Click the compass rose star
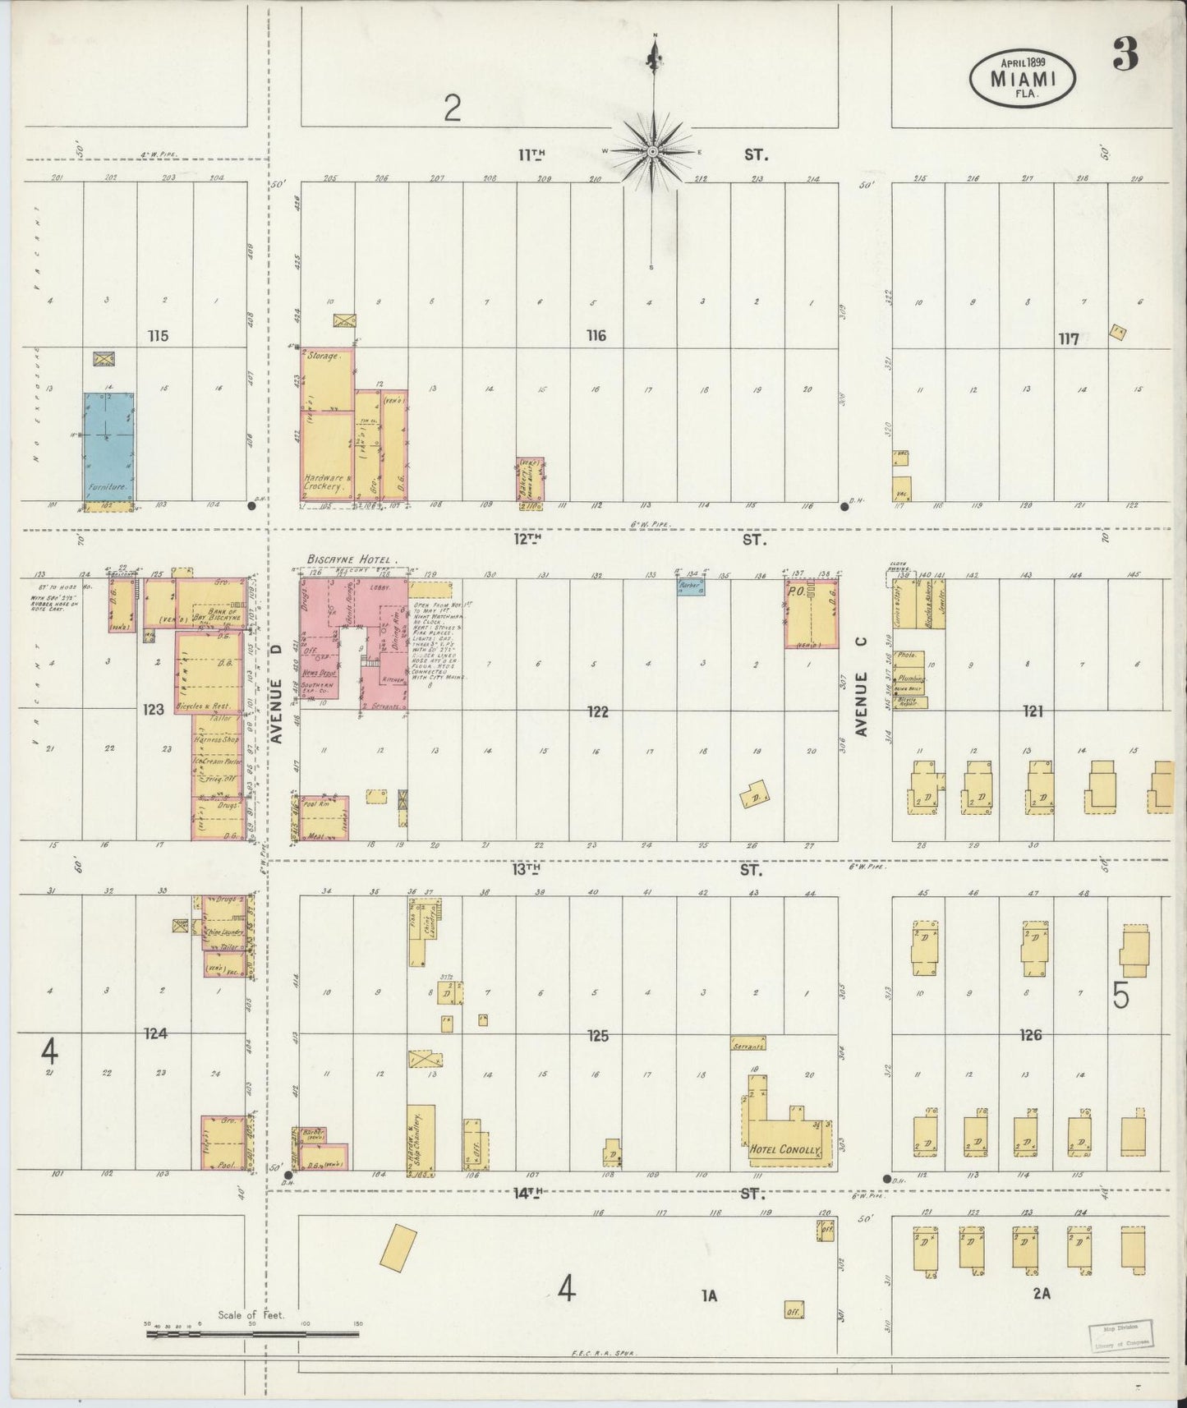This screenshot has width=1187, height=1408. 652,152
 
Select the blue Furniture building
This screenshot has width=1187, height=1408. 108,446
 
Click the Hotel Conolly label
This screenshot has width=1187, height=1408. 784,1150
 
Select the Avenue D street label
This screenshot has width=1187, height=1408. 277,694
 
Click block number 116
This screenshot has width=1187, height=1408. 596,335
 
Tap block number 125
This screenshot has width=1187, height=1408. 597,1036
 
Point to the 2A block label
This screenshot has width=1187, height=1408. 1041,1295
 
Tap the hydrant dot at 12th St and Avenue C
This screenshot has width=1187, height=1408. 844,507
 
